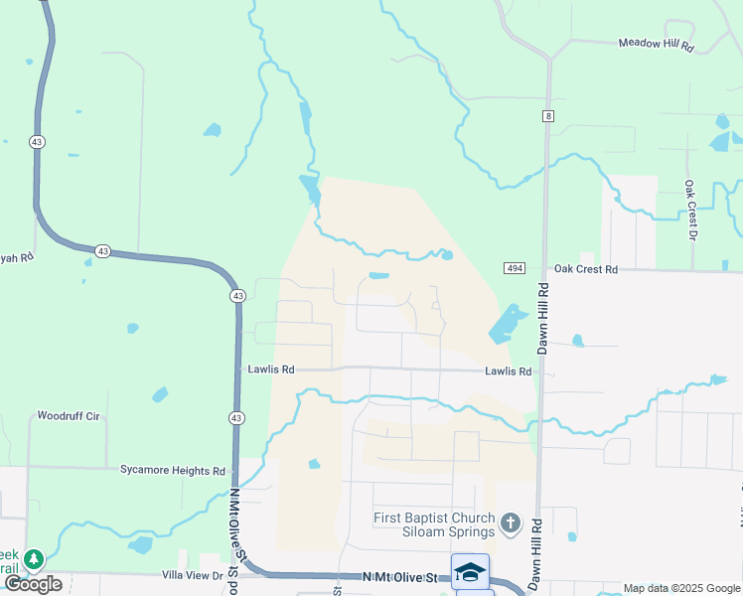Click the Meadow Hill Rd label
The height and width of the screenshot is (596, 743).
655,44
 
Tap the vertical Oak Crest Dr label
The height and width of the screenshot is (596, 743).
688,210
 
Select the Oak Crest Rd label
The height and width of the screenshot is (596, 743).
585,269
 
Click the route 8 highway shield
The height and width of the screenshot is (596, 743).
547,116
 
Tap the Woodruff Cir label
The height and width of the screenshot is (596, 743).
69,415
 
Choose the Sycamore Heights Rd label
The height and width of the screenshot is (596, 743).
173,470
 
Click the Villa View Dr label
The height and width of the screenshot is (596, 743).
195,575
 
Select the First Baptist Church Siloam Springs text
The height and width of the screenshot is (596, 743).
433,523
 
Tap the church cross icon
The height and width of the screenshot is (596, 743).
510,522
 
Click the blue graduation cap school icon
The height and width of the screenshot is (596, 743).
470,572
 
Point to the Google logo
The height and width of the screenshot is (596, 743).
33,584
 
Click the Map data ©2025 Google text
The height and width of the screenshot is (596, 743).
681,588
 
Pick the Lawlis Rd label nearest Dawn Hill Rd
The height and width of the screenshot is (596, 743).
508,372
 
